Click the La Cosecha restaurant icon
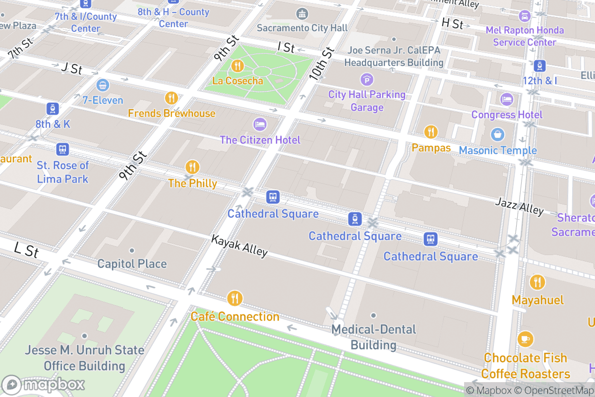[x=238, y=66]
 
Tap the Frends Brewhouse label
[x=172, y=113]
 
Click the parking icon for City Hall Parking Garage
[x=366, y=79]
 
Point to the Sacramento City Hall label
[x=302, y=28]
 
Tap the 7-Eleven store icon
[x=103, y=85]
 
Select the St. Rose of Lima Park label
[x=62, y=172]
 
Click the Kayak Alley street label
[x=239, y=246]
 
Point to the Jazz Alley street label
[x=519, y=205]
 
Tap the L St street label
[x=26, y=250]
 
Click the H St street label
[x=452, y=23]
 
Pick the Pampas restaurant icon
[x=431, y=132]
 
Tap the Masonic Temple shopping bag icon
[x=497, y=134]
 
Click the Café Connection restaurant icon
[x=235, y=298]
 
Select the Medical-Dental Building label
[x=373, y=337]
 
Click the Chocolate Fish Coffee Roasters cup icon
[x=525, y=339]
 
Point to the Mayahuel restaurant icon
[x=537, y=282]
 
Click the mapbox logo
[x=44, y=385]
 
